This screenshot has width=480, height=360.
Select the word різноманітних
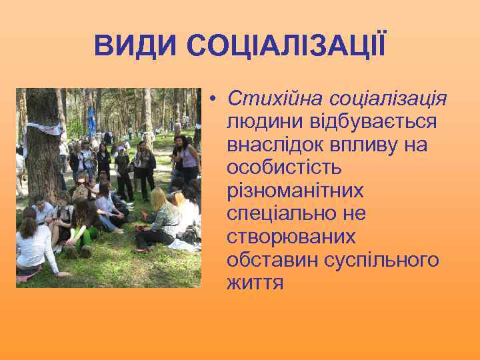click(295, 191)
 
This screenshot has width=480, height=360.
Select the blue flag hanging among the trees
click(91, 123)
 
